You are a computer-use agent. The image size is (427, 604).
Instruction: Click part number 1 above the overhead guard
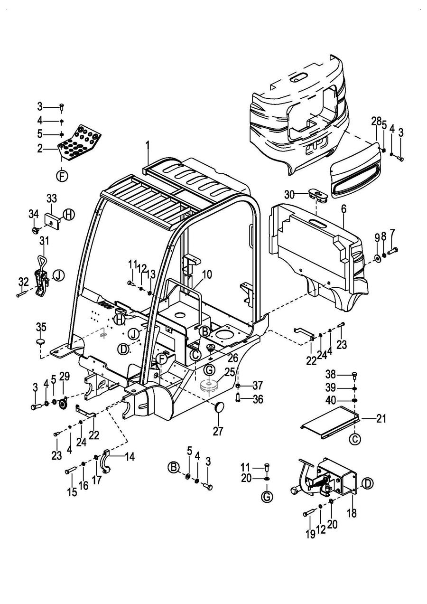click(148, 143)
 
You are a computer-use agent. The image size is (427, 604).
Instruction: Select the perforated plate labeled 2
click(80, 142)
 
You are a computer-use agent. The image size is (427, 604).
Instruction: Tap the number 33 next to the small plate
click(51, 198)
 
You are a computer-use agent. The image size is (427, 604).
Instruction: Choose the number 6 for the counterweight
click(343, 208)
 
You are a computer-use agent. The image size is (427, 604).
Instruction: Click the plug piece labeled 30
click(316, 194)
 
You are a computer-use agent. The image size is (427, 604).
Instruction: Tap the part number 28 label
click(376, 122)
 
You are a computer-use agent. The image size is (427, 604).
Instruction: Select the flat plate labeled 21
click(330, 419)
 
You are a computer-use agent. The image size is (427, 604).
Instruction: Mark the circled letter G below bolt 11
click(267, 497)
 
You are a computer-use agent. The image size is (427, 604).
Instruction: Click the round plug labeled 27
click(219, 407)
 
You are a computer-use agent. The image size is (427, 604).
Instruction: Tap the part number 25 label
click(229, 372)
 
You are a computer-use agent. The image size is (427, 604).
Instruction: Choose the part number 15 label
click(72, 492)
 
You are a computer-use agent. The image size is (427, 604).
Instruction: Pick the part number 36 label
click(258, 399)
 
